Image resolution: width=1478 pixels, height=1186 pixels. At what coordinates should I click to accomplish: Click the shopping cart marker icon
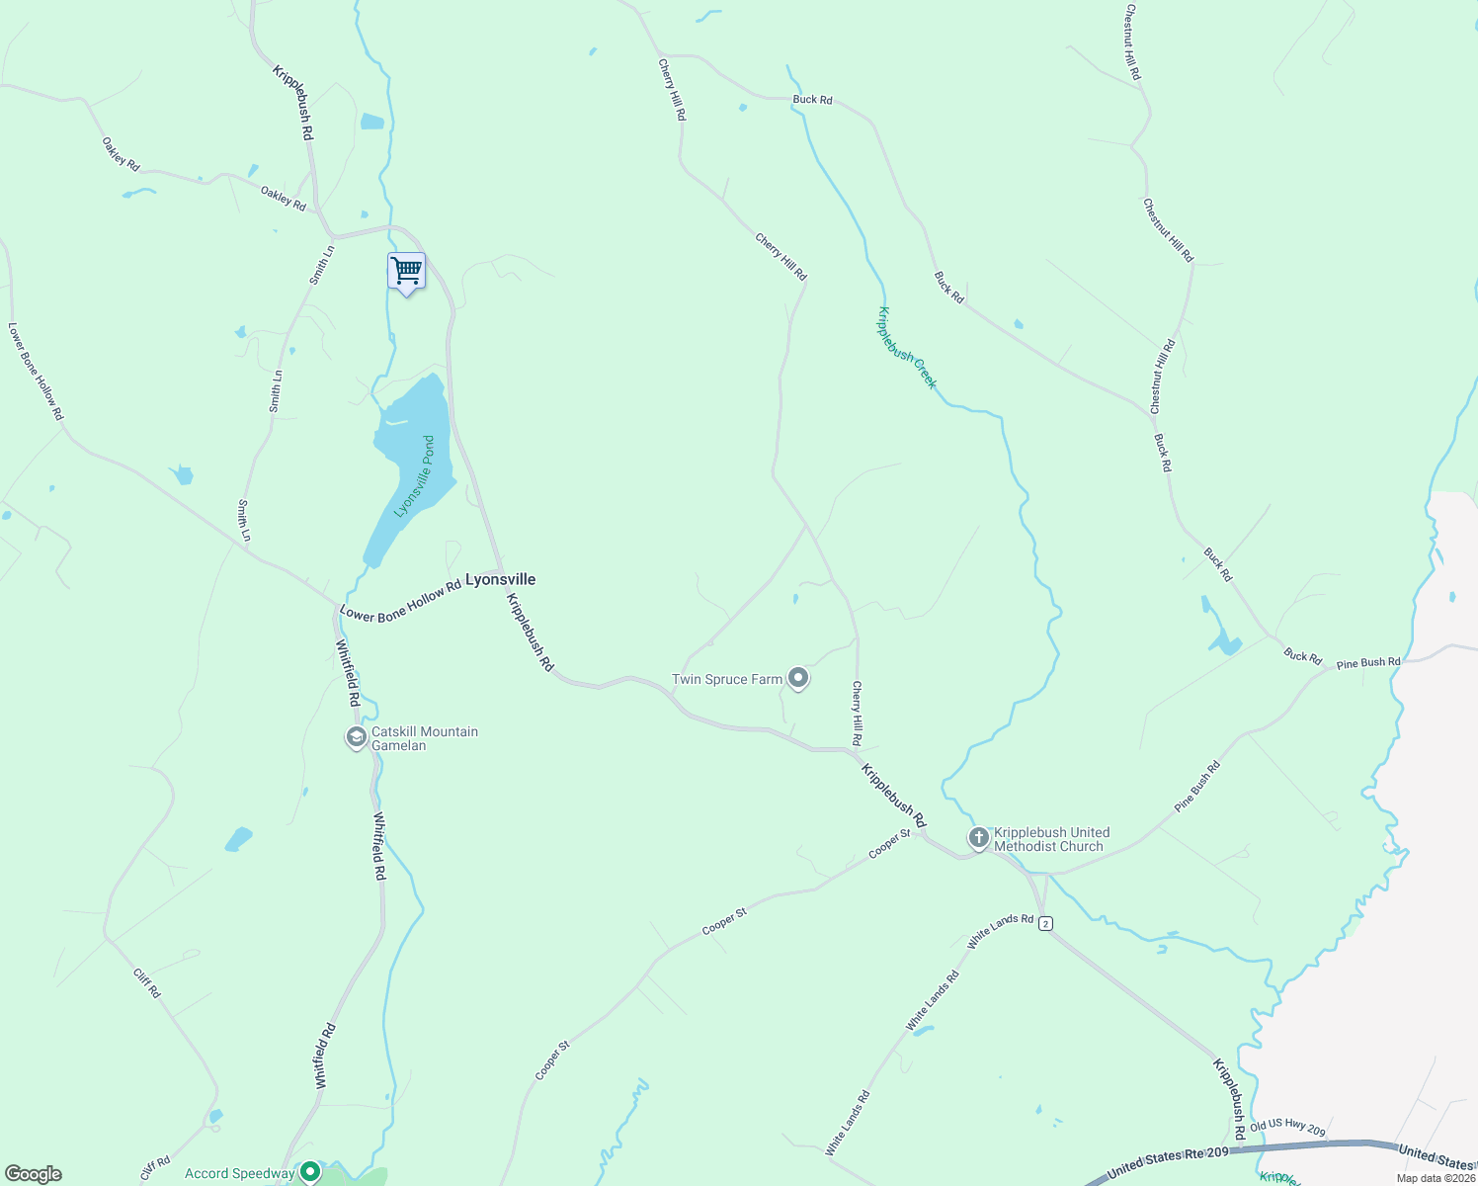[x=406, y=271]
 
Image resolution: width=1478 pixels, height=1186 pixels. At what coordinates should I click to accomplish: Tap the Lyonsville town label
[x=500, y=580]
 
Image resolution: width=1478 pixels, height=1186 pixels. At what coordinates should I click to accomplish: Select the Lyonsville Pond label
[x=415, y=476]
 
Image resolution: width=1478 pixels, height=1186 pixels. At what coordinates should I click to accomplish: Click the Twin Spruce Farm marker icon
[x=799, y=679]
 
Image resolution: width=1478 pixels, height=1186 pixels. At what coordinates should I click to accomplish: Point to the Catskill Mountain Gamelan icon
[x=357, y=737]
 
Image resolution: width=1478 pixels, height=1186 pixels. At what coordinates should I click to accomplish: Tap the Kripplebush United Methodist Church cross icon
[x=978, y=839]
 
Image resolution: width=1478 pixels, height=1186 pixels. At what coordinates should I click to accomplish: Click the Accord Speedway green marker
[x=310, y=1172]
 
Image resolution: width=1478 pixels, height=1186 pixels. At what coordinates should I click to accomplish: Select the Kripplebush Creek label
[x=907, y=348]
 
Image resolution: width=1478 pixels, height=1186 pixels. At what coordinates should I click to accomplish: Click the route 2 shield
[x=1045, y=923]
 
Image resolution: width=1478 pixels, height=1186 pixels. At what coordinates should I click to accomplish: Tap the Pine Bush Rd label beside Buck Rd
[x=1367, y=663]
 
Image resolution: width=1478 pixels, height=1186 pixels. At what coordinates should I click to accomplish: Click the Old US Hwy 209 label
[x=1286, y=1128]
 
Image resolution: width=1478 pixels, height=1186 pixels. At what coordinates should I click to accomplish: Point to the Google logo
[x=34, y=1174]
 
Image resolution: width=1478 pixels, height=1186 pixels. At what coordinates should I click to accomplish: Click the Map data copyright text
[x=1436, y=1178]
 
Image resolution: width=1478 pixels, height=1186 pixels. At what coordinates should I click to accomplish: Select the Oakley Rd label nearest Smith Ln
[x=284, y=198]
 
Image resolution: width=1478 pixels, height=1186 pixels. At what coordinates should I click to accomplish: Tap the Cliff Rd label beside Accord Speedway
[x=155, y=1168]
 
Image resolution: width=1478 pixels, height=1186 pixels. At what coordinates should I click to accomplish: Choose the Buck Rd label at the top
[x=812, y=100]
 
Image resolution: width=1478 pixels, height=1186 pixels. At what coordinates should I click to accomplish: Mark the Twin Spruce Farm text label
[x=727, y=679]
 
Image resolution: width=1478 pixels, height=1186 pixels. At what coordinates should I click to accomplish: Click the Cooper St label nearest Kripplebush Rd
[x=889, y=844]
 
